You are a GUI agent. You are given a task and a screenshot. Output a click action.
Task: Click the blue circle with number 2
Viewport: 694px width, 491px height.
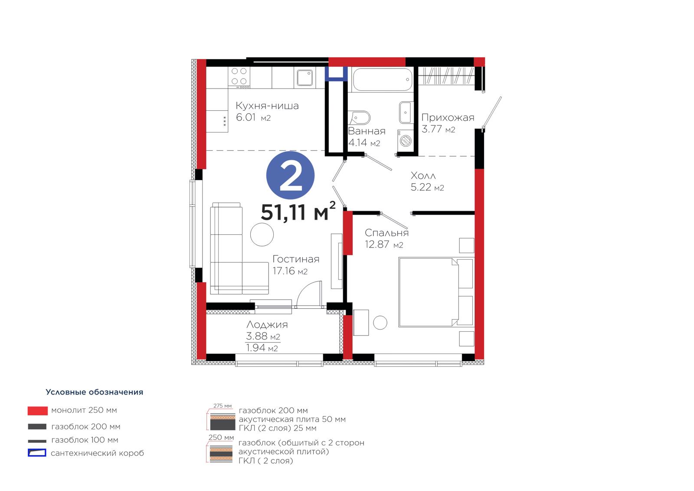click(x=290, y=175)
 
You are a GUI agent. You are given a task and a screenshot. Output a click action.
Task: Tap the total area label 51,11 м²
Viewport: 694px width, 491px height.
click(x=298, y=211)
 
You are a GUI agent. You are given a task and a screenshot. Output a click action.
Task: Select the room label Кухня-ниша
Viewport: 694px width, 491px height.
click(x=267, y=106)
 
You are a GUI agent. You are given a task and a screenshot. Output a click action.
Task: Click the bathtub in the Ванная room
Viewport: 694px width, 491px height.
click(x=383, y=79)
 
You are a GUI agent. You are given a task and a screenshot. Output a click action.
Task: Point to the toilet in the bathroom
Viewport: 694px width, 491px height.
click(x=360, y=118)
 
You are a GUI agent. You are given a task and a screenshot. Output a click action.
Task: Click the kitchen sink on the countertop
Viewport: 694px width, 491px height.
click(x=304, y=78)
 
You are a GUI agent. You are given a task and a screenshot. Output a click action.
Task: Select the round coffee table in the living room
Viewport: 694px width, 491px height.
click(x=262, y=235)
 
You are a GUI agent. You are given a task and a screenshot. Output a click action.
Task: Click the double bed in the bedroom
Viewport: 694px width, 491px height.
click(x=436, y=292)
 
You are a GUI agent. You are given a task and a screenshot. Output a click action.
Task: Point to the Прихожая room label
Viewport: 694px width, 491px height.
click(x=448, y=118)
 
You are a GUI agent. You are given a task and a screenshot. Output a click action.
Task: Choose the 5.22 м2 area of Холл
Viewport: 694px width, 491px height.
click(x=427, y=187)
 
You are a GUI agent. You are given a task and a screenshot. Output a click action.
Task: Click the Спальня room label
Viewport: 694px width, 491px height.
click(x=386, y=233)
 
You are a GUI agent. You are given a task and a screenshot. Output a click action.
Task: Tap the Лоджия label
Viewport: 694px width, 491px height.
click(x=267, y=324)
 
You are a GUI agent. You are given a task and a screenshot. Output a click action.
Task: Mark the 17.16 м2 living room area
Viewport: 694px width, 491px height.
click(x=290, y=271)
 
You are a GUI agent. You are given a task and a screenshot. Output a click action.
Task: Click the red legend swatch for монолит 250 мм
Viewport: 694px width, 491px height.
click(x=37, y=411)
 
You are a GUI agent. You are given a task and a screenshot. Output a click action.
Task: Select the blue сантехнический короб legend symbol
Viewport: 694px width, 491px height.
click(x=37, y=453)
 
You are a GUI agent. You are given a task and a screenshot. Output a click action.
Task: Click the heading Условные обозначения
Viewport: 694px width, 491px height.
click(x=95, y=392)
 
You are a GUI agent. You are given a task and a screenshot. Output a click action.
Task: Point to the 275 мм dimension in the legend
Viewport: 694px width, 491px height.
click(x=223, y=406)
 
